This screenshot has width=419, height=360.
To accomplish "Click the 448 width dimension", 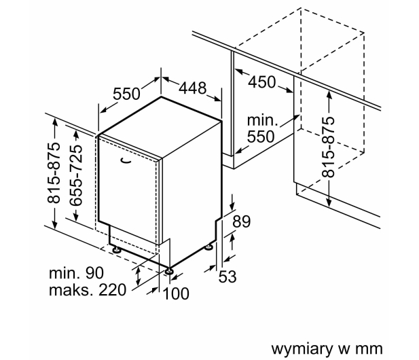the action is coord(192,88).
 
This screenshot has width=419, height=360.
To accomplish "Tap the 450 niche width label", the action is coord(262,82).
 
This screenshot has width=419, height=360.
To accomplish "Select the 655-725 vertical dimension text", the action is coord(75,175).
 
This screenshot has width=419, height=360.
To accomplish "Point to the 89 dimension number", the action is coord(241,221).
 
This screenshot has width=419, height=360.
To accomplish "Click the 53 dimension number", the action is coord(227,276).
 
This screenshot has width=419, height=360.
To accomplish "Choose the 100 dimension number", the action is coord(176,293).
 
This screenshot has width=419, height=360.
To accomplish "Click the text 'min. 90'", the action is coord(76,273).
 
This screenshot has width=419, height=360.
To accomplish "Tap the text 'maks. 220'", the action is coord(88,290).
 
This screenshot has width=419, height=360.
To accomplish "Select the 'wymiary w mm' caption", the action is coord(327,348).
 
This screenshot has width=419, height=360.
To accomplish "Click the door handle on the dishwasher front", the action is coord(126,160).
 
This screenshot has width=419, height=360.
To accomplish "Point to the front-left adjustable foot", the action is coord(117,250).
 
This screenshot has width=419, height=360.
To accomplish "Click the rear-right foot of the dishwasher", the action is coord(209,247).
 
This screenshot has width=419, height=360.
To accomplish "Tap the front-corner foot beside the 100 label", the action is coord(169,270).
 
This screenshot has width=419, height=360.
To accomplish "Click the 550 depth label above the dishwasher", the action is coord(126,94).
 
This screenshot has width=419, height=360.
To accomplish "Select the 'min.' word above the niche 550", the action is coord(263,121).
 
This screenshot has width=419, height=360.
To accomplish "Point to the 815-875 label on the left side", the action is coord(54,173).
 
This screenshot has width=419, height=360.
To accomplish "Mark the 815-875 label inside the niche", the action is coord(329,147).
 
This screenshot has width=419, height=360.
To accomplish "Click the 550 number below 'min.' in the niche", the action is coord(261,137).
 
